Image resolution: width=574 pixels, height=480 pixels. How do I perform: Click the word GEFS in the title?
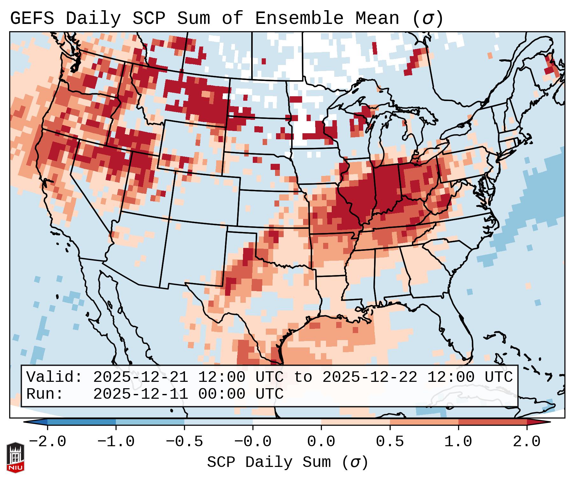click(32, 18)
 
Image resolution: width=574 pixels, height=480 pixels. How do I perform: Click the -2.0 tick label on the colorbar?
click(47, 442)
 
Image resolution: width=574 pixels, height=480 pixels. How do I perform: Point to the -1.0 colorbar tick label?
click(116, 442)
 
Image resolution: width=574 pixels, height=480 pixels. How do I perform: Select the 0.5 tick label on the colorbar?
click(390, 442)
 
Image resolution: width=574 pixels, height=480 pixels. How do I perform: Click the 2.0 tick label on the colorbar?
click(527, 442)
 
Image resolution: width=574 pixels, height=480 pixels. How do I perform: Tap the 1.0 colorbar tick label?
click(458, 442)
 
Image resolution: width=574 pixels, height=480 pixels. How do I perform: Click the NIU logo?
click(15, 457)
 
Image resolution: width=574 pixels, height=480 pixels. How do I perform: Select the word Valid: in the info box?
click(54, 377)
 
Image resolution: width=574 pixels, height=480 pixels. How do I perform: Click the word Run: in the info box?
click(45, 394)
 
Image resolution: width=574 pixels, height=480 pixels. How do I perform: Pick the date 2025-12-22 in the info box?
click(370, 377)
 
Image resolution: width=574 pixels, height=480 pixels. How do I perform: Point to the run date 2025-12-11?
click(140, 394)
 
